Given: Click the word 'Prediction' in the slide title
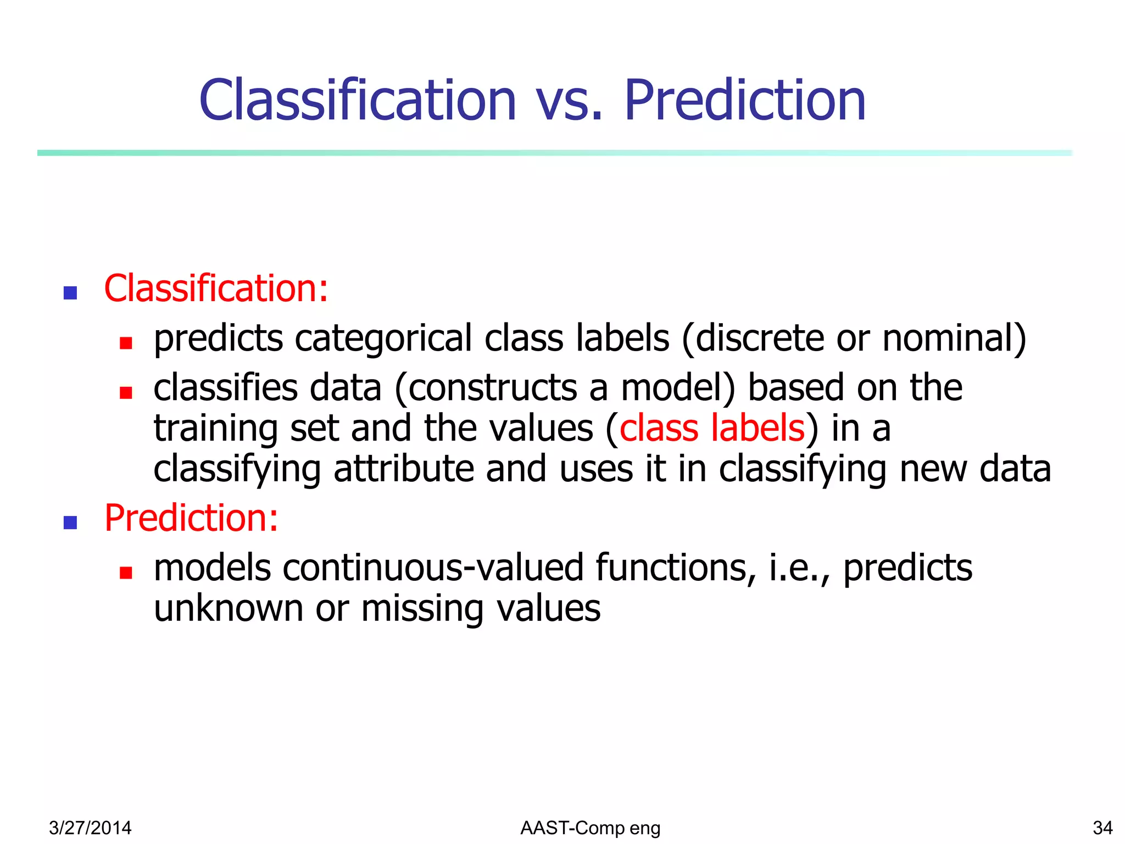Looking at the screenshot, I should [745, 101].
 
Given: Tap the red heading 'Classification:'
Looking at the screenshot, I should [216, 288].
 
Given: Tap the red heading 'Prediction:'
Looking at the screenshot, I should [191, 518].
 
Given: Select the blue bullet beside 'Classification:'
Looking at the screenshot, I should [70, 292].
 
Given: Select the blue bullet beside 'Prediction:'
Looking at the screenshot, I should [70, 522].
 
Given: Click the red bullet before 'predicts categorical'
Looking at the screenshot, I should [126, 343].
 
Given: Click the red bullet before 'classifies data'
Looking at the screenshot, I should [126, 392].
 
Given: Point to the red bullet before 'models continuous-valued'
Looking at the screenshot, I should [126, 573].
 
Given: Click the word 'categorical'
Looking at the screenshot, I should [383, 338].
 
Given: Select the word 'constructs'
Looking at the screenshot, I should [493, 388].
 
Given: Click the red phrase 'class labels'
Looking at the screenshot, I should [712, 428].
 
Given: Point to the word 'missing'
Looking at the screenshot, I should [422, 609].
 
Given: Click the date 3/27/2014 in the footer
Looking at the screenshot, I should [90, 828].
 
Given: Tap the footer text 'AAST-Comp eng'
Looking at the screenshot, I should [590, 828].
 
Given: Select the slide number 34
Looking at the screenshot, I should [1102, 828].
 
